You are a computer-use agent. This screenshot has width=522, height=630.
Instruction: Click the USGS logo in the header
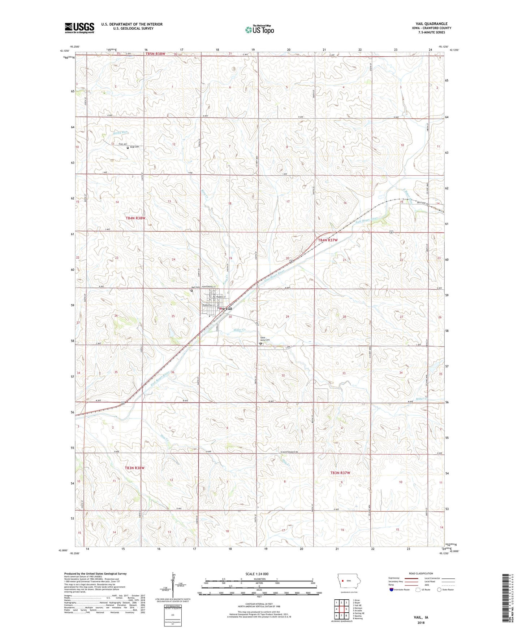pyautogui.click(x=79, y=28)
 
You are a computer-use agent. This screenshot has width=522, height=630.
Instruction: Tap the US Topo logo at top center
pyautogui.click(x=259, y=30)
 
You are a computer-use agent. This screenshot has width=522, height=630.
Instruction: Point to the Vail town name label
pyautogui.click(x=228, y=309)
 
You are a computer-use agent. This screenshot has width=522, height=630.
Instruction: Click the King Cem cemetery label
pyautogui.click(x=134, y=147)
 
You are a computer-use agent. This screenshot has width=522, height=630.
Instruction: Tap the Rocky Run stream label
pyautogui.click(x=120, y=133)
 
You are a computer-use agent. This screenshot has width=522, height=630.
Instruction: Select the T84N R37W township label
pyautogui.click(x=328, y=240)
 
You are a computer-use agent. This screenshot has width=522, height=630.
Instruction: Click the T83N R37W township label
pyautogui.click(x=340, y=473)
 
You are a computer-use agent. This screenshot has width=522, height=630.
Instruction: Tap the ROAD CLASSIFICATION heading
pyautogui.click(x=421, y=573)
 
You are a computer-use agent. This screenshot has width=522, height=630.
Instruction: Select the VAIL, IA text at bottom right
pyautogui.click(x=421, y=617)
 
